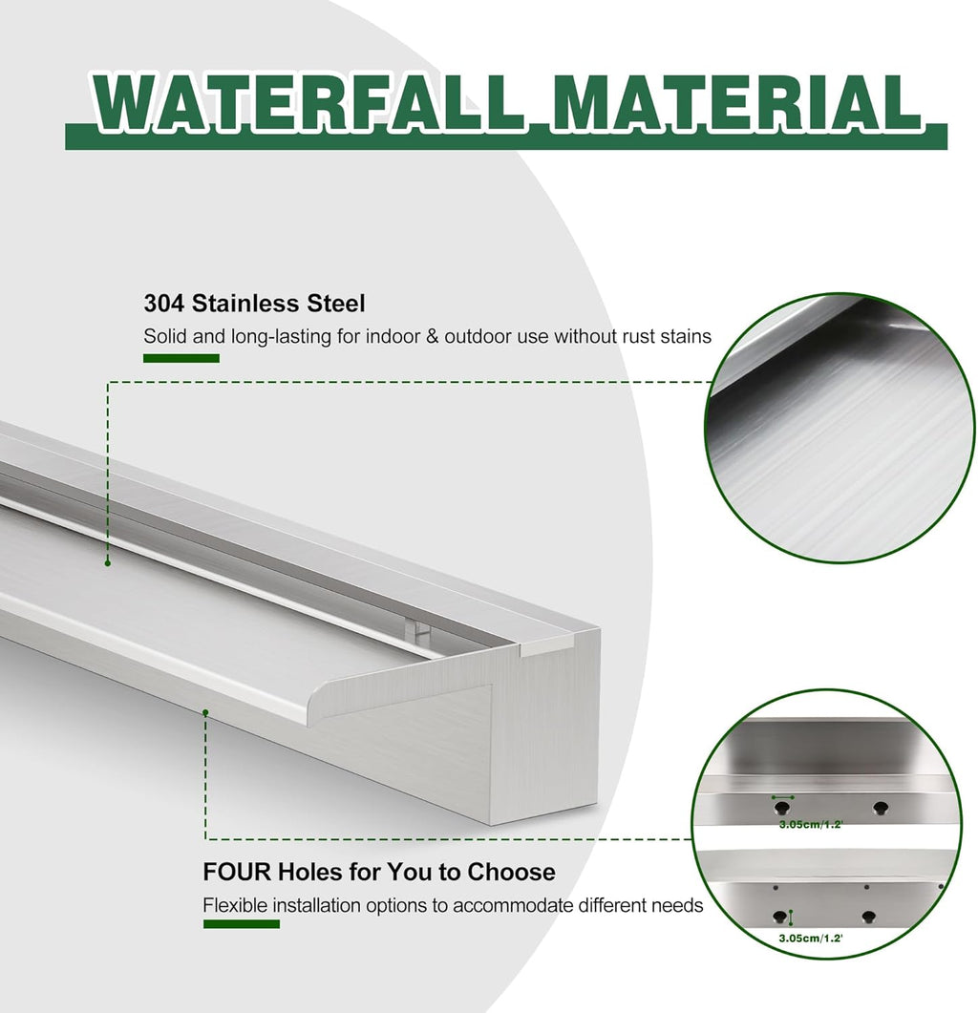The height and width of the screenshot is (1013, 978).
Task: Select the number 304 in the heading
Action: [164, 304]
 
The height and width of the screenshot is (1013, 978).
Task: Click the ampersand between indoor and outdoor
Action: [420, 336]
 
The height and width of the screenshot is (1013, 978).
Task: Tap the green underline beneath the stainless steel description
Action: [181, 358]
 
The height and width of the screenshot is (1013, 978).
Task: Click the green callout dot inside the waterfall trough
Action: [108, 563]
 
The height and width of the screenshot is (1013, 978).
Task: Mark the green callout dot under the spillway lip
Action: [204, 711]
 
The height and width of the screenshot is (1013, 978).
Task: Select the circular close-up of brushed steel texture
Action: [840, 428]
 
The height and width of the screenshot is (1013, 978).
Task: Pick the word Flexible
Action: [236, 905]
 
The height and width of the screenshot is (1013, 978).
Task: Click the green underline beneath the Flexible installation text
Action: [241, 924]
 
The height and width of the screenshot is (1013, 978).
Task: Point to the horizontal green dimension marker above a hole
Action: [783, 797]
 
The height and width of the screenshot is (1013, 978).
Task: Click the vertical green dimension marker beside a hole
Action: [791, 918]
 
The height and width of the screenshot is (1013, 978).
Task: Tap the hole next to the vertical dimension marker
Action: [779, 918]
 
